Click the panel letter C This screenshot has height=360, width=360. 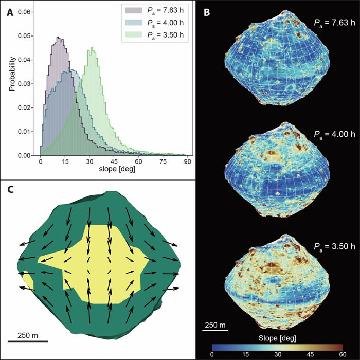pyautogui.click(x=10, y=190)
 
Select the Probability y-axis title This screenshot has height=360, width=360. pyautogui.click(x=11, y=82)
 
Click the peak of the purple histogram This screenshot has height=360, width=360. pyautogui.click(x=58, y=37)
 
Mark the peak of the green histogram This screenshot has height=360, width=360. pyautogui.click(x=92, y=48)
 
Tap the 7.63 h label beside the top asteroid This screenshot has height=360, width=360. pyautogui.click(x=335, y=23)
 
